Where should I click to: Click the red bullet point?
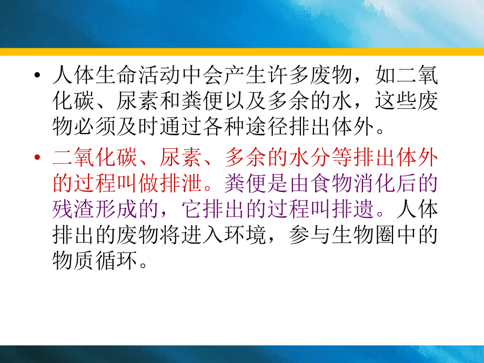[x=36, y=157]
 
